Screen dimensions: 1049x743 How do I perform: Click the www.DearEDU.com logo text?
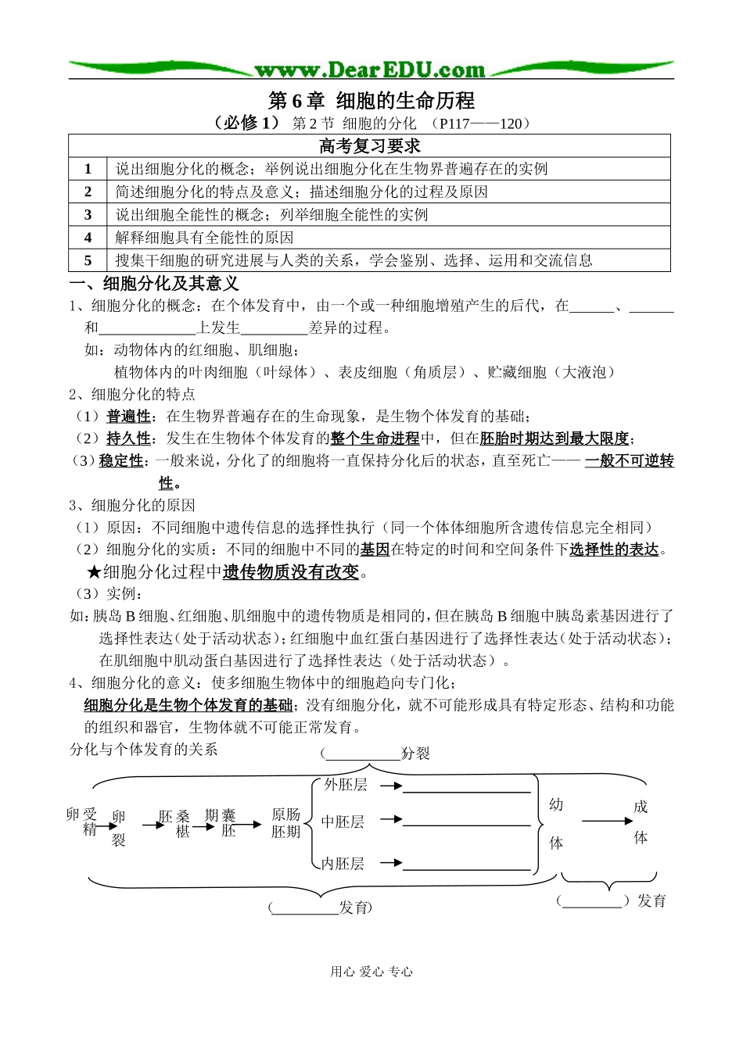pyautogui.click(x=370, y=70)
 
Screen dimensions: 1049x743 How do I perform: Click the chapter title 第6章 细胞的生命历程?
pyautogui.click(x=371, y=101)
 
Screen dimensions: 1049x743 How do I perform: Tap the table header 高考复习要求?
pyautogui.click(x=370, y=146)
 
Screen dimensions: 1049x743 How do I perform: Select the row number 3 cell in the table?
pyautogui.click(x=88, y=214)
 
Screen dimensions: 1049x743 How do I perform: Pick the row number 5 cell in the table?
pyautogui.click(x=88, y=260)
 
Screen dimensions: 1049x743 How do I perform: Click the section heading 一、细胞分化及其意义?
pyautogui.click(x=154, y=283)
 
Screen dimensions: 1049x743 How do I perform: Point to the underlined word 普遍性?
pyautogui.click(x=128, y=417)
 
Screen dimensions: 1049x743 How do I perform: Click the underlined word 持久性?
pyautogui.click(x=128, y=439)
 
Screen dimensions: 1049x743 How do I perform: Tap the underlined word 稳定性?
pyautogui.click(x=121, y=461)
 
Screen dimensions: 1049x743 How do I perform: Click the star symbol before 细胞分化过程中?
pyautogui.click(x=94, y=572)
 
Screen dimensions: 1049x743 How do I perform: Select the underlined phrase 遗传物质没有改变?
pyautogui.click(x=291, y=572)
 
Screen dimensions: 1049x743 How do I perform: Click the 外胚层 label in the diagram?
pyautogui.click(x=346, y=785)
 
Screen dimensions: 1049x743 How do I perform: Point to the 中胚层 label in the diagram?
pyautogui.click(x=343, y=822)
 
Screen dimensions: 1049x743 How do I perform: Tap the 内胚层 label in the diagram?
pyautogui.click(x=344, y=864)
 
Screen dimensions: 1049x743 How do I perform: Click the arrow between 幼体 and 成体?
pyautogui.click(x=607, y=821)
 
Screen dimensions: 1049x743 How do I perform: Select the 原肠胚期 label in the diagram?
pyautogui.click(x=285, y=823)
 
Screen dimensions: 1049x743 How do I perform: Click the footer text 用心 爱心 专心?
pyautogui.click(x=371, y=972)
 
